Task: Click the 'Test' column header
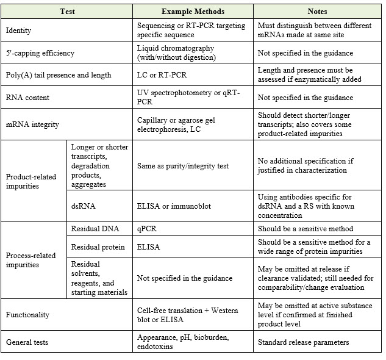click(x=68, y=12)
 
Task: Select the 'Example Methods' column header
click(x=193, y=12)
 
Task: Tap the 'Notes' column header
click(x=318, y=12)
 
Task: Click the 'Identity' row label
click(x=18, y=31)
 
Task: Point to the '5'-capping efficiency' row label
click(x=40, y=53)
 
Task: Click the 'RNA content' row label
click(x=27, y=97)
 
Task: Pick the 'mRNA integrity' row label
click(x=32, y=124)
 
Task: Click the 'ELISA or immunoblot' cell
click(x=174, y=206)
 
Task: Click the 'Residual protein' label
click(x=99, y=247)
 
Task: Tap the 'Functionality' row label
click(x=27, y=315)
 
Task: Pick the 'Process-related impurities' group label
click(x=30, y=260)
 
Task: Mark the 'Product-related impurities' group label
click(x=30, y=181)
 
